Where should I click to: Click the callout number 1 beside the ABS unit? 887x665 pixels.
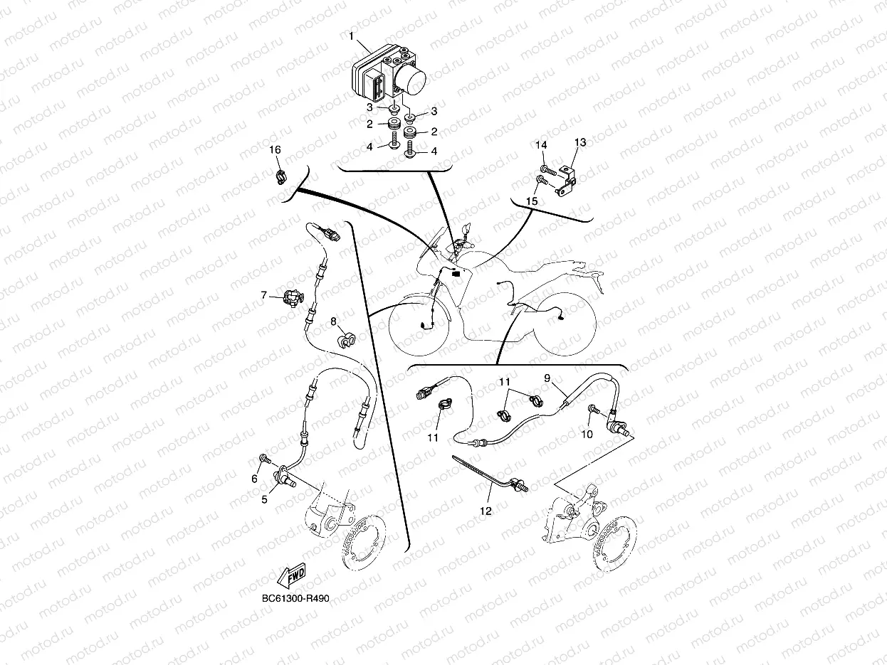click(351, 36)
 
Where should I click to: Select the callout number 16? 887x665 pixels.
click(275, 150)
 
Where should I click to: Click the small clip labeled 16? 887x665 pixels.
click(281, 177)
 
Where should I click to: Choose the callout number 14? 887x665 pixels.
click(541, 145)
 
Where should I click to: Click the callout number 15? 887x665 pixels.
click(532, 201)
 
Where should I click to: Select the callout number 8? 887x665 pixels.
click(333, 321)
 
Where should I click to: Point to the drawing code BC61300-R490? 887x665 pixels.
click(295, 598)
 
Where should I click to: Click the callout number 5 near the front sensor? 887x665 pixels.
click(264, 499)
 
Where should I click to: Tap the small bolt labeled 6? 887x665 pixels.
click(265, 458)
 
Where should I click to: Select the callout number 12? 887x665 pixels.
click(486, 511)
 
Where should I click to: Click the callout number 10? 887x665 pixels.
click(587, 434)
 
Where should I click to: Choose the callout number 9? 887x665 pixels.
click(547, 378)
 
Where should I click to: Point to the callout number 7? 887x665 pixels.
click(264, 296)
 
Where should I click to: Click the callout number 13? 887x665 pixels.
click(580, 142)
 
